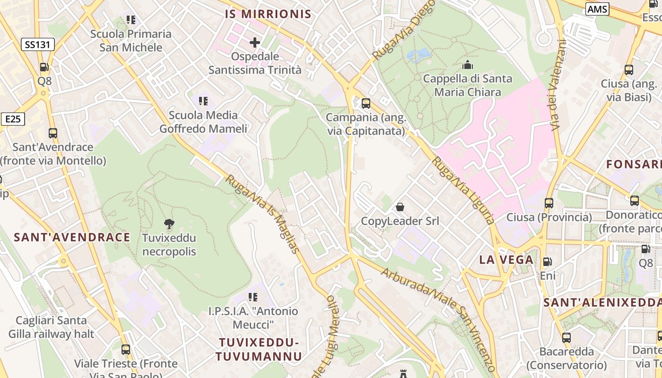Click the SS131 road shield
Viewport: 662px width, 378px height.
(38, 45)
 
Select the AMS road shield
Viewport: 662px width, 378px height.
(597, 9)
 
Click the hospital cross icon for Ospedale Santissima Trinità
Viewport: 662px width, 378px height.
(255, 43)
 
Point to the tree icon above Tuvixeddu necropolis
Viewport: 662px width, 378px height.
(169, 223)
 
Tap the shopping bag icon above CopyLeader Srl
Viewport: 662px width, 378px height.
(400, 207)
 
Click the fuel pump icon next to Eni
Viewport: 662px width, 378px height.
(548, 261)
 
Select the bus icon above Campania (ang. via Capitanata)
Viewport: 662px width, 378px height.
(366, 103)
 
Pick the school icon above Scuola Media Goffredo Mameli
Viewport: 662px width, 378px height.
(203, 101)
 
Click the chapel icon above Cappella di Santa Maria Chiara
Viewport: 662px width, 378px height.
(468, 65)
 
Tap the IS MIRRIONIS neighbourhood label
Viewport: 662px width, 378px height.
(268, 14)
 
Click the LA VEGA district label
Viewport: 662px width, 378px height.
(506, 259)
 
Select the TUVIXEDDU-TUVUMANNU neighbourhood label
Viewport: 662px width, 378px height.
(260, 349)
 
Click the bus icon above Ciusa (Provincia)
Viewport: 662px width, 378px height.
(549, 203)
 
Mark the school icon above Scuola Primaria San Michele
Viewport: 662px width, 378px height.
(131, 20)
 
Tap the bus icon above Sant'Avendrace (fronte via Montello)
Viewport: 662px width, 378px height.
(53, 133)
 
